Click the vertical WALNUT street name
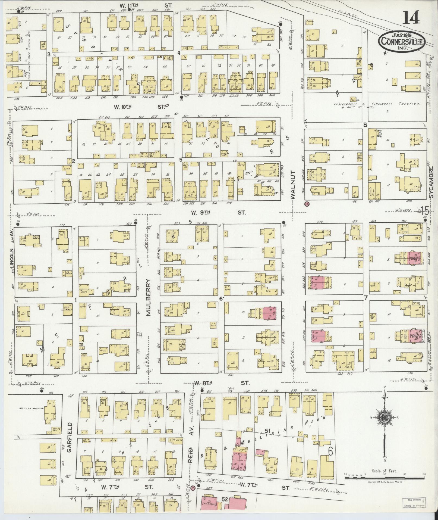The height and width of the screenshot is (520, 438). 293,186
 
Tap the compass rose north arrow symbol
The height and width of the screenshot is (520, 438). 385,426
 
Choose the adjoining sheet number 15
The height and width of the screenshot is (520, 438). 425,210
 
